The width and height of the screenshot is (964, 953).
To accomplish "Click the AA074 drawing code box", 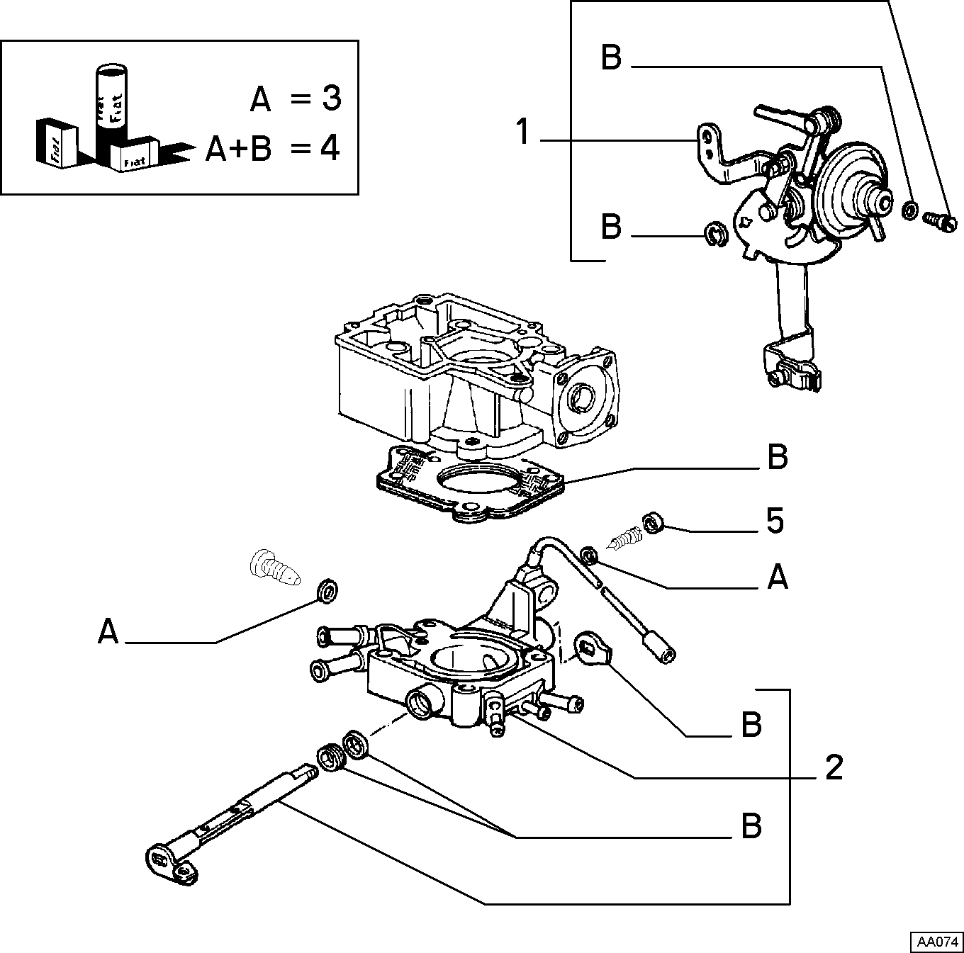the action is [x=936, y=942].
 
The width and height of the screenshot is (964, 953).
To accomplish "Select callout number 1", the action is [x=523, y=132].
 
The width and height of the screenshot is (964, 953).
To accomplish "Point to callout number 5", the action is [x=775, y=521].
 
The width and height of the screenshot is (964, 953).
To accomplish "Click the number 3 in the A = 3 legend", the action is [x=331, y=98].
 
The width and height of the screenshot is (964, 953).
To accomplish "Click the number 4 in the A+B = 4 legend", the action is [x=330, y=149].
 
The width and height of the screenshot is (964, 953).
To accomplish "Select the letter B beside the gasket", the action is [x=778, y=456].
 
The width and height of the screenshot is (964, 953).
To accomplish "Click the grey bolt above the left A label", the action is [x=274, y=568].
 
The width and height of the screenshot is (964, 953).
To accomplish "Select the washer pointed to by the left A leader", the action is [x=327, y=592].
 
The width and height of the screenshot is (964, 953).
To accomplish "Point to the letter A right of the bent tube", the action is [x=778, y=577].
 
